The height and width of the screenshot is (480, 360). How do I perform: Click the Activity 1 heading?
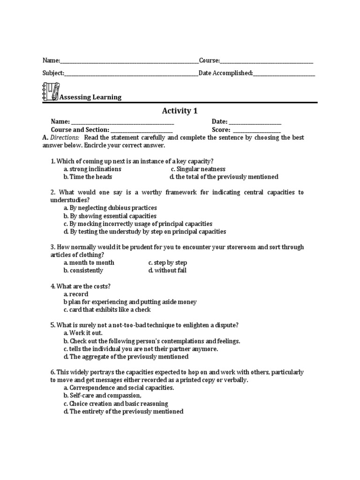click(177, 111)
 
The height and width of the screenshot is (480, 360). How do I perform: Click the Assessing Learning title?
click(90, 97)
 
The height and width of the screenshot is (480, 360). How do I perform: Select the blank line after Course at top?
click(266, 61)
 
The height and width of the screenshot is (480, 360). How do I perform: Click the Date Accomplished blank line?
click(284, 74)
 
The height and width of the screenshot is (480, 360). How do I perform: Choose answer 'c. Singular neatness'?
click(198, 169)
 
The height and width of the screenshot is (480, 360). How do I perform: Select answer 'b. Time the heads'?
click(88, 177)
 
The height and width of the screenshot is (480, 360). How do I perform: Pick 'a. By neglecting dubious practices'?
click(110, 208)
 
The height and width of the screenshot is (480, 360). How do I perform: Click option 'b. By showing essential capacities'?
click(110, 216)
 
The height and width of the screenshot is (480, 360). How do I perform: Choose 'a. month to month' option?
click(89, 262)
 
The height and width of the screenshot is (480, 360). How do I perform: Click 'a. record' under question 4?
click(76, 294)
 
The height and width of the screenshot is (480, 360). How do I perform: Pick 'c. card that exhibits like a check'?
click(107, 310)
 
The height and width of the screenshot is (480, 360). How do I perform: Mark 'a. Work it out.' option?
click(83, 333)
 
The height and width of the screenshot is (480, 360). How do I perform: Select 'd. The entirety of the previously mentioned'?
click(123, 412)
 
